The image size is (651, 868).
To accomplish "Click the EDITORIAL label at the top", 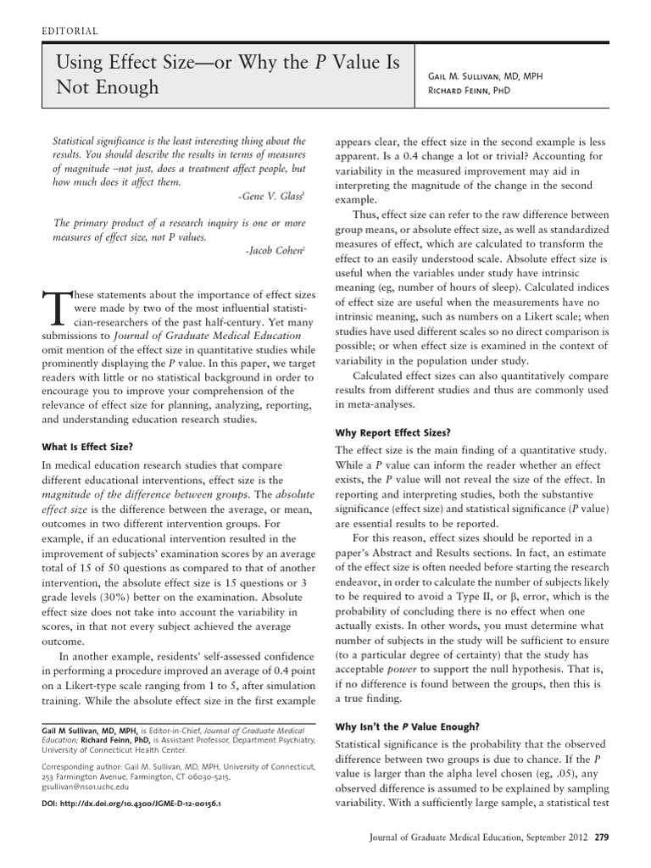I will (x=70, y=31).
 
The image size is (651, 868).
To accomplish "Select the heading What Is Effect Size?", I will (x=87, y=447).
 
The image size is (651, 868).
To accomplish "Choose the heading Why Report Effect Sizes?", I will (x=393, y=432).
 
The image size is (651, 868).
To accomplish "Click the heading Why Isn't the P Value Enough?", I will (x=408, y=726).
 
